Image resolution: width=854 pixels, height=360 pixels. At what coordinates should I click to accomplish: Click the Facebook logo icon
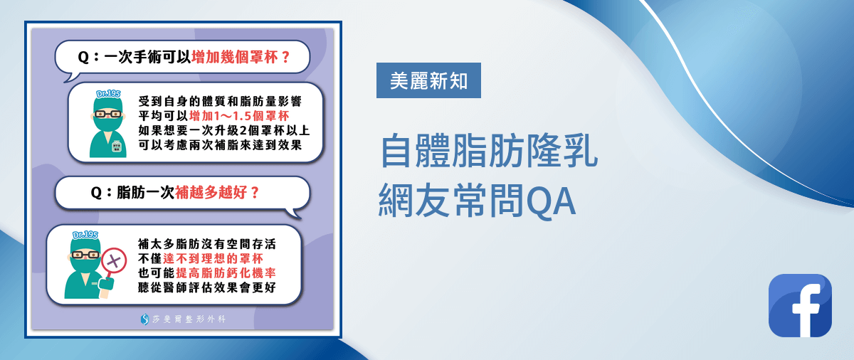tap(800, 305)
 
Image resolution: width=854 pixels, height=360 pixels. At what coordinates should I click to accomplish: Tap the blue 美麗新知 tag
tap(428, 80)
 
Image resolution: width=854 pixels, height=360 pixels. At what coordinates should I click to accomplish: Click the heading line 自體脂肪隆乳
tap(489, 151)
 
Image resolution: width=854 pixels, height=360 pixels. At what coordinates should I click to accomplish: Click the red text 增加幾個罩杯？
tap(241, 57)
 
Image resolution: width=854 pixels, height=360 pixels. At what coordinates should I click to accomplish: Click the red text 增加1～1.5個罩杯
tap(239, 116)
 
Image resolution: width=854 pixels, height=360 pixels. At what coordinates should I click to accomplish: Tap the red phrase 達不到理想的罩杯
tap(213, 259)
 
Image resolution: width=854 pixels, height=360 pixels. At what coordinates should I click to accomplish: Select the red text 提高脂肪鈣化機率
tap(226, 272)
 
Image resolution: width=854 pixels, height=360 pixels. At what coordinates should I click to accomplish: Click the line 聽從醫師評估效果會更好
tap(206, 287)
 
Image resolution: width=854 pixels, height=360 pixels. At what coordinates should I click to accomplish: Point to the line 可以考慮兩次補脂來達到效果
tap(220, 144)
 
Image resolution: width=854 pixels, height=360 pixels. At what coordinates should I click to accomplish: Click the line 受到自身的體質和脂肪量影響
tap(220, 101)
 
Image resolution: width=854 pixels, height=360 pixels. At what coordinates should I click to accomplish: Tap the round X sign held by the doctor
tap(114, 261)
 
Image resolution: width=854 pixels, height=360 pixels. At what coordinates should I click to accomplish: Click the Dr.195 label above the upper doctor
tap(108, 94)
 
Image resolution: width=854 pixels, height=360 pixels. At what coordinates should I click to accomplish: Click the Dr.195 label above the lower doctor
tap(85, 235)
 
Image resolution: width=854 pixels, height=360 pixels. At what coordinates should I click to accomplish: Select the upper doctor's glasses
tap(108, 114)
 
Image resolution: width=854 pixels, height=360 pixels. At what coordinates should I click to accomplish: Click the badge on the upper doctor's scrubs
tap(116, 147)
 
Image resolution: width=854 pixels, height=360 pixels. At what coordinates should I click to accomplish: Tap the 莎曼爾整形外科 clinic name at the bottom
tap(189, 319)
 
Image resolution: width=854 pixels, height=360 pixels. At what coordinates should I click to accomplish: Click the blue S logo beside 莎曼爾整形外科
tap(144, 319)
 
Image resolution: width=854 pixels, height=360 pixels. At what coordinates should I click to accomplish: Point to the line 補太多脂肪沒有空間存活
tap(206, 244)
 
